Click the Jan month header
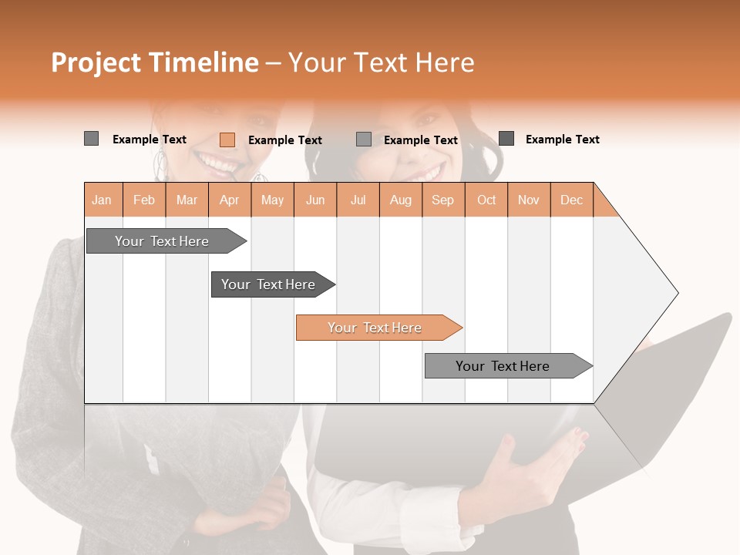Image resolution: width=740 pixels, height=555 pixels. (103, 200)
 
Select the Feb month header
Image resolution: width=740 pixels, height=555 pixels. (144, 200)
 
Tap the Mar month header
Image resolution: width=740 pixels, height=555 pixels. (187, 200)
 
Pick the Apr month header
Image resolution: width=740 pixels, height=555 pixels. (230, 200)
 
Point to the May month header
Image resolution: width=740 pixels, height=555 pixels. (272, 200)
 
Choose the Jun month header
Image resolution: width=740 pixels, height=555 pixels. (315, 200)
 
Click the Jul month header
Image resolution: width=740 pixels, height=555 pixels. (358, 200)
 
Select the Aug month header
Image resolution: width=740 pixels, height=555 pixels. (401, 200)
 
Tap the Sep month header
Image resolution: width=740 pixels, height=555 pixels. (443, 200)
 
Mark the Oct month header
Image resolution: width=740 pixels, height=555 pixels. (486, 200)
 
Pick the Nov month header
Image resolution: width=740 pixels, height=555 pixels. (529, 200)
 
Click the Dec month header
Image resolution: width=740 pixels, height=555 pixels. (572, 200)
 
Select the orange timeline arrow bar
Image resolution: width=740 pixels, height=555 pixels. (378, 328)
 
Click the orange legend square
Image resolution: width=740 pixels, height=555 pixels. (227, 140)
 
